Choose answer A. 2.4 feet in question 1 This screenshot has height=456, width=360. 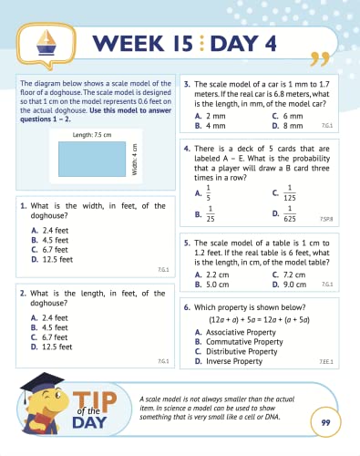point(50,231)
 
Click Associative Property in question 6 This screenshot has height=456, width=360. point(240,333)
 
